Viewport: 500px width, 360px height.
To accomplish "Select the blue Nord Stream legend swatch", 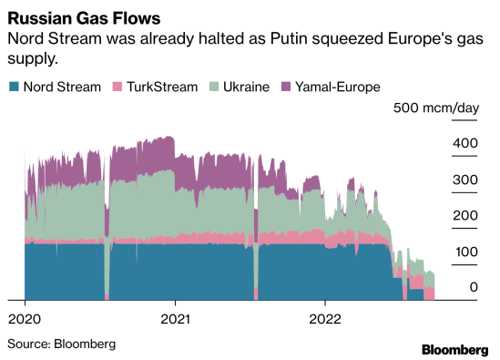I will coord(14,87).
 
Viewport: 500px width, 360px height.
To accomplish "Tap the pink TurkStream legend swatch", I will coord(117,87).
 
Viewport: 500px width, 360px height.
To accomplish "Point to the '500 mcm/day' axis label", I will coord(435,108).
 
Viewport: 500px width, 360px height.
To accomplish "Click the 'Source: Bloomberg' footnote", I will coord(61,344).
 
